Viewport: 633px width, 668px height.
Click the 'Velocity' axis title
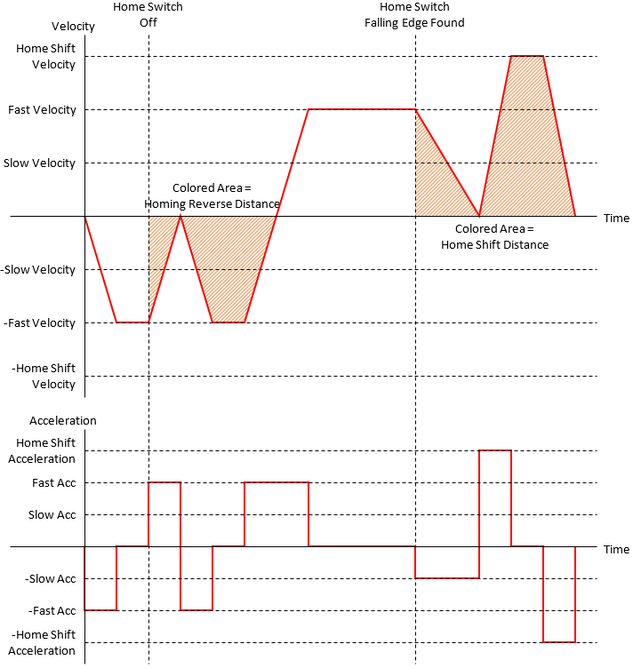click(73, 27)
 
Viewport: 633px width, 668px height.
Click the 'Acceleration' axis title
click(63, 420)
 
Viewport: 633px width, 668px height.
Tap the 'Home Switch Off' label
click(148, 14)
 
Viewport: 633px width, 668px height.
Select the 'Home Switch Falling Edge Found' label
click(414, 14)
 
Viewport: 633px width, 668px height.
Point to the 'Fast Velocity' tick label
click(42, 110)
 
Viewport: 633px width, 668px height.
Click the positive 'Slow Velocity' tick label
click(39, 163)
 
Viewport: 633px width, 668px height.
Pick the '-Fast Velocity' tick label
click(40, 323)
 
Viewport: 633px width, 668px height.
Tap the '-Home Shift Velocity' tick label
click(44, 377)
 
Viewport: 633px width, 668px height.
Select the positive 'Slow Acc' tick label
click(52, 515)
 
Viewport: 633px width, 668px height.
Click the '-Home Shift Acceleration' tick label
click(43, 643)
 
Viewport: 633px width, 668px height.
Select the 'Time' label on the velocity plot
click(616, 219)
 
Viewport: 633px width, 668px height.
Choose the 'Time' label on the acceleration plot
click(616, 550)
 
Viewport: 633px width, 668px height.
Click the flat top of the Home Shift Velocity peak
click(527, 56)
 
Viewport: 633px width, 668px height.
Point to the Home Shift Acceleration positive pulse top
click(495, 450)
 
